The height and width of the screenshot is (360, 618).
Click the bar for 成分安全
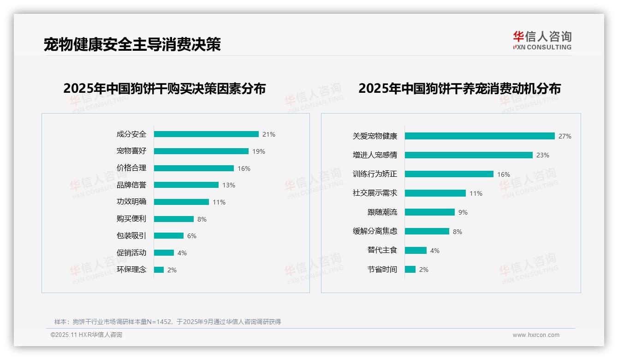(x=206, y=134)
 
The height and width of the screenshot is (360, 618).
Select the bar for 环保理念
(x=159, y=270)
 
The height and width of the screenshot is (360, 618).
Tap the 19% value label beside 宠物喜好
(x=259, y=151)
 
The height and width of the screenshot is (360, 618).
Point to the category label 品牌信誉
(x=131, y=185)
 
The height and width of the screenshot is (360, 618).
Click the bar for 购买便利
(x=174, y=219)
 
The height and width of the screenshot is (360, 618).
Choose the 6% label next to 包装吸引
(x=192, y=236)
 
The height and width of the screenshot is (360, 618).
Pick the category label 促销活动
(x=131, y=252)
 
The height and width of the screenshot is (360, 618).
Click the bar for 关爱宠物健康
(x=480, y=136)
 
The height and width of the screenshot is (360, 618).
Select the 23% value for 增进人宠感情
(x=543, y=156)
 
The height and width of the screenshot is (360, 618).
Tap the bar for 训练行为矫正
(x=449, y=174)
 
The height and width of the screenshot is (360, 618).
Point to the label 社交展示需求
(x=375, y=193)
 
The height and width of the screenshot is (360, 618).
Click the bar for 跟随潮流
(x=430, y=212)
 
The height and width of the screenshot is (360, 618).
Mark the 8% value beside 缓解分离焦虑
(x=458, y=232)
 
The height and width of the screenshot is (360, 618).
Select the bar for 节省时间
(x=410, y=270)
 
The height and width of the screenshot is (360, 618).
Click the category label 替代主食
(x=382, y=250)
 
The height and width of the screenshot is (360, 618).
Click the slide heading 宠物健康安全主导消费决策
(x=132, y=44)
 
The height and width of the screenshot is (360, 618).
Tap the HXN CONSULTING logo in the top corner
(x=542, y=40)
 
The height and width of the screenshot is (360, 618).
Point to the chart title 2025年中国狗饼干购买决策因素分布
(x=165, y=89)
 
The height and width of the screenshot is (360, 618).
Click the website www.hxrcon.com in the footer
(x=536, y=335)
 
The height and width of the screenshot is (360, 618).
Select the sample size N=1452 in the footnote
(x=157, y=322)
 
